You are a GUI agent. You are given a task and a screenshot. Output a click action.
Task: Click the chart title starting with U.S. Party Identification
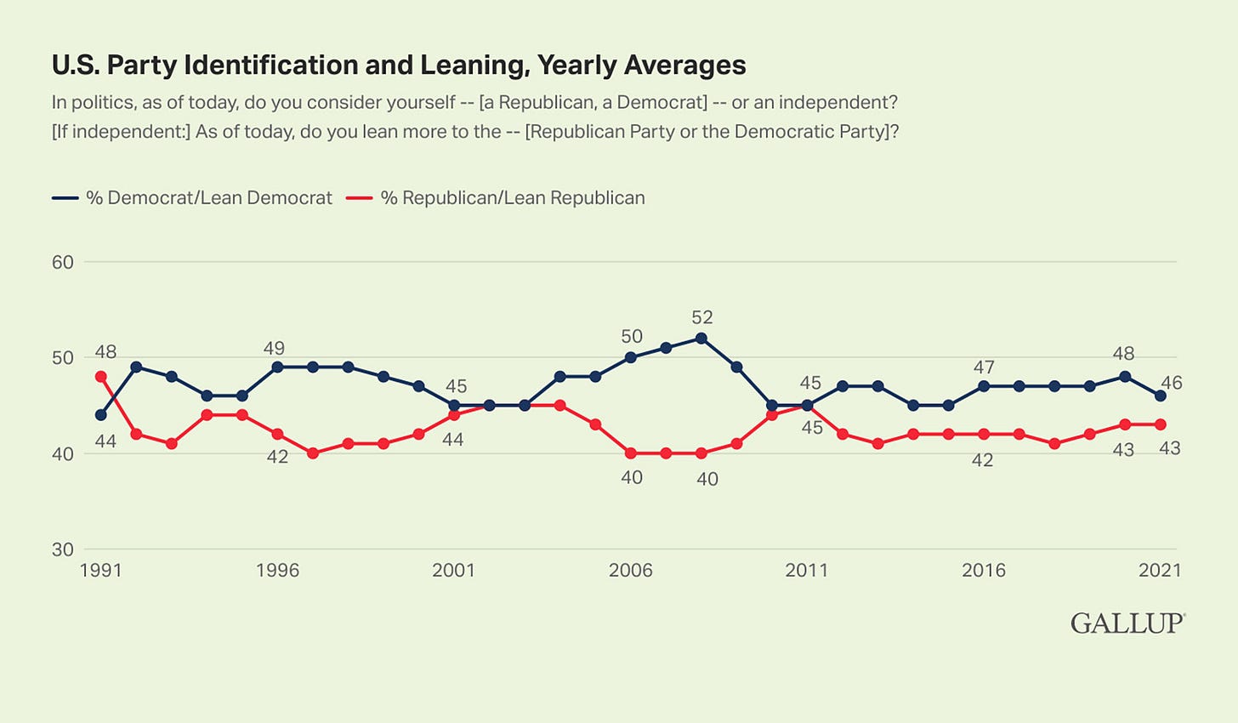[399, 65]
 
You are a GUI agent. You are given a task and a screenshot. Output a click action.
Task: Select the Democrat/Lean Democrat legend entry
[192, 198]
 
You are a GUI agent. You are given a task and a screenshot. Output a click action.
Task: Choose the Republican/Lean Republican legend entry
[497, 198]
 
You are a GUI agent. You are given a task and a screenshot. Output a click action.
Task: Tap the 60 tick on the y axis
[63, 262]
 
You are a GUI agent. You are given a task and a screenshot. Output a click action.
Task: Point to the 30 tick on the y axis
[63, 549]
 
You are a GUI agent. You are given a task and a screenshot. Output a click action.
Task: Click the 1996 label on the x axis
[277, 570]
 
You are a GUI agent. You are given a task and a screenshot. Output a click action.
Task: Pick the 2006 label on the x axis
[630, 570]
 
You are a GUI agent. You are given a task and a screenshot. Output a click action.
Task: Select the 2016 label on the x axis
[984, 570]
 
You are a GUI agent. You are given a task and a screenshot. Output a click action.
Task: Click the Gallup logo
[1127, 623]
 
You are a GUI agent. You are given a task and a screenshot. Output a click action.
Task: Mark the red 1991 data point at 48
[101, 377]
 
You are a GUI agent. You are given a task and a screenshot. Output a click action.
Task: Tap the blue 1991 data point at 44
[101, 415]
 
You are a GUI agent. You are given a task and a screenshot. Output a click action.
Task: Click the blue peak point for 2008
[701, 339]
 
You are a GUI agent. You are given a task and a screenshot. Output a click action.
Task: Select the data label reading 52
[701, 317]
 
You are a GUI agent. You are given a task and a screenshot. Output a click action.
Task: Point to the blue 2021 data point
[1161, 396]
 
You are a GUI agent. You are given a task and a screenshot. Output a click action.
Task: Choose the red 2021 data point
[1161, 424]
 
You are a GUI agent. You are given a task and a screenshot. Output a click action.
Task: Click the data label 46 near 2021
[1171, 383]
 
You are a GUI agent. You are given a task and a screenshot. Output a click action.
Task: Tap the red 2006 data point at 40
[631, 453]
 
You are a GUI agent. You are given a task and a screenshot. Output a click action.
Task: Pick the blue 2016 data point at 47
[984, 386]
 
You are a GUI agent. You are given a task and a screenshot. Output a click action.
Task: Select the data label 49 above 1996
[274, 348]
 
